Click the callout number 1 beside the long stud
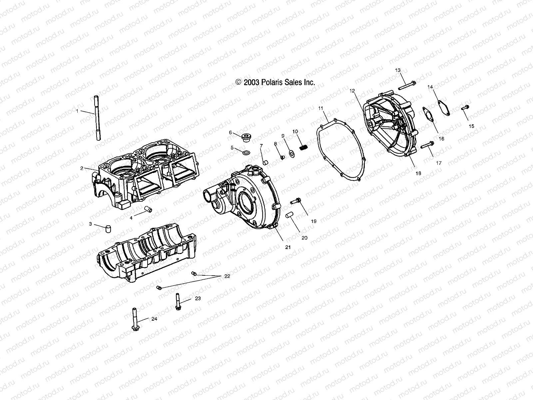click(77, 111)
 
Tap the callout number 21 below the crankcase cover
click(288, 247)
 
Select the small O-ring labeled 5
click(246, 153)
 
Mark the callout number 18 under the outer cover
click(418, 173)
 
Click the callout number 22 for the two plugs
click(227, 276)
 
